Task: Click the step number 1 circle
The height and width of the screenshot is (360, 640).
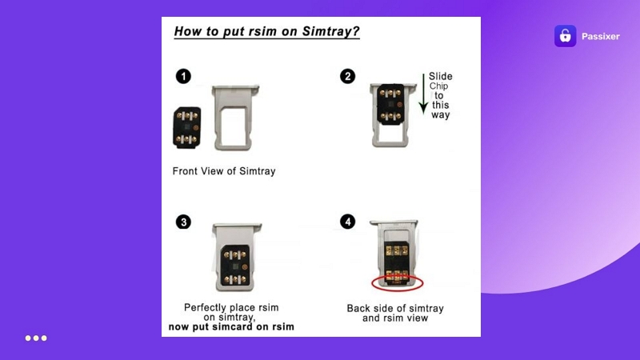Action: point(183,76)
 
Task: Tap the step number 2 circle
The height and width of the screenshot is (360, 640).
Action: point(347,76)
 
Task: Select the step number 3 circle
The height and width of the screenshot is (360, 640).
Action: point(183,222)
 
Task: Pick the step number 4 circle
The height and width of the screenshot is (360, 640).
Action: point(347,222)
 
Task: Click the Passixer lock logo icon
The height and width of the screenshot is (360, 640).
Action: point(565,36)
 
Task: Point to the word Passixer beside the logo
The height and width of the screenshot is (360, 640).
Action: point(601,36)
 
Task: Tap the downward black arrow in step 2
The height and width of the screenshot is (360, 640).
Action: point(423,94)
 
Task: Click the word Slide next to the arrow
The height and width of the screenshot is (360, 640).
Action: point(441,76)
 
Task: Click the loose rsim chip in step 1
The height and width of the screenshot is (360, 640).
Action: point(187,127)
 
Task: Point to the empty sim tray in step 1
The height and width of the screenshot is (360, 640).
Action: point(234,118)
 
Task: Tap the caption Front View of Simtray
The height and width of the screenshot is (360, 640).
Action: point(224,171)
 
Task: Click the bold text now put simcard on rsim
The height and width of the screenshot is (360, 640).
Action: point(231,327)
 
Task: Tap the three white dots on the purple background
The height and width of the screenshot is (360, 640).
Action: point(36,338)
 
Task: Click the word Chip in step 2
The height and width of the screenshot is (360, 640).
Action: point(438,86)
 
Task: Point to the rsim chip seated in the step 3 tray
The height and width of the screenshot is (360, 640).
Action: point(234,266)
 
